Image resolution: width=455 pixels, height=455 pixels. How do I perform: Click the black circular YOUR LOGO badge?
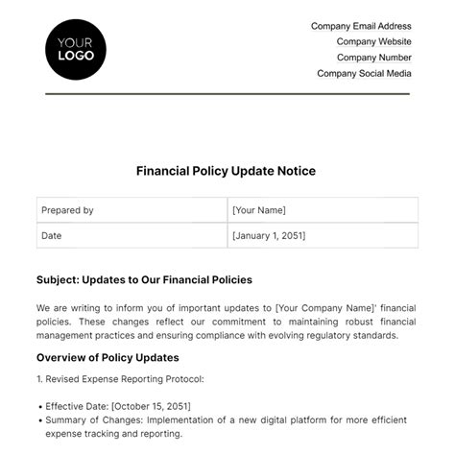tap(76, 49)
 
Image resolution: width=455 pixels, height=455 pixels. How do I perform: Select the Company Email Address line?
tap(361, 26)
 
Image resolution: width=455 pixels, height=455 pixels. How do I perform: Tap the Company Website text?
tap(373, 41)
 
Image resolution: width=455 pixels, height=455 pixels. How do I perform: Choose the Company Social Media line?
tap(364, 73)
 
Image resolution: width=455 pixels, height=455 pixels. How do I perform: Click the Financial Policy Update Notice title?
tap(227, 171)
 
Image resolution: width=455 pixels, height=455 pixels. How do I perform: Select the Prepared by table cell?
tap(67, 210)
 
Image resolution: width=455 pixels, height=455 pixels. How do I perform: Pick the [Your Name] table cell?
tap(259, 210)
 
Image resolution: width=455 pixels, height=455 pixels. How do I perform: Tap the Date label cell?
tap(52, 234)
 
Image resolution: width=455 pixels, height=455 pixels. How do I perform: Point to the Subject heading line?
tap(144, 279)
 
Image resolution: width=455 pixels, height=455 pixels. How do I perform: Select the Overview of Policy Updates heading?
tap(112, 357)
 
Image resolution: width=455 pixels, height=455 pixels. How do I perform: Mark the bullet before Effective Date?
tap(39, 405)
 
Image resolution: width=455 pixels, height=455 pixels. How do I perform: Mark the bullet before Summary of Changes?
tap(39, 420)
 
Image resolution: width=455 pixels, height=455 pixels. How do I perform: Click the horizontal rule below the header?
tap(227, 93)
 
